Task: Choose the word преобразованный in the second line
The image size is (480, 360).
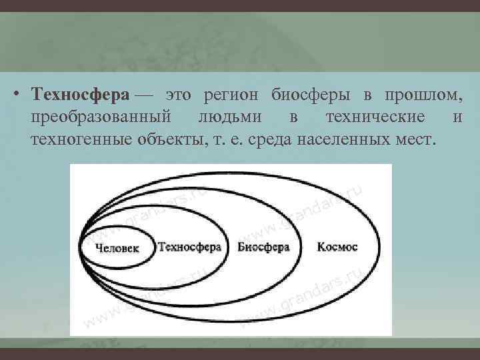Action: pyautogui.click(x=101, y=119)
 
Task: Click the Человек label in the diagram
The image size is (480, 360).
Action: pyautogui.click(x=118, y=248)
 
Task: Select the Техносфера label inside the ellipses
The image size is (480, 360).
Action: pyautogui.click(x=189, y=247)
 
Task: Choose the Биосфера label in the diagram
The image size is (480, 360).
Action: pyautogui.click(x=263, y=247)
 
